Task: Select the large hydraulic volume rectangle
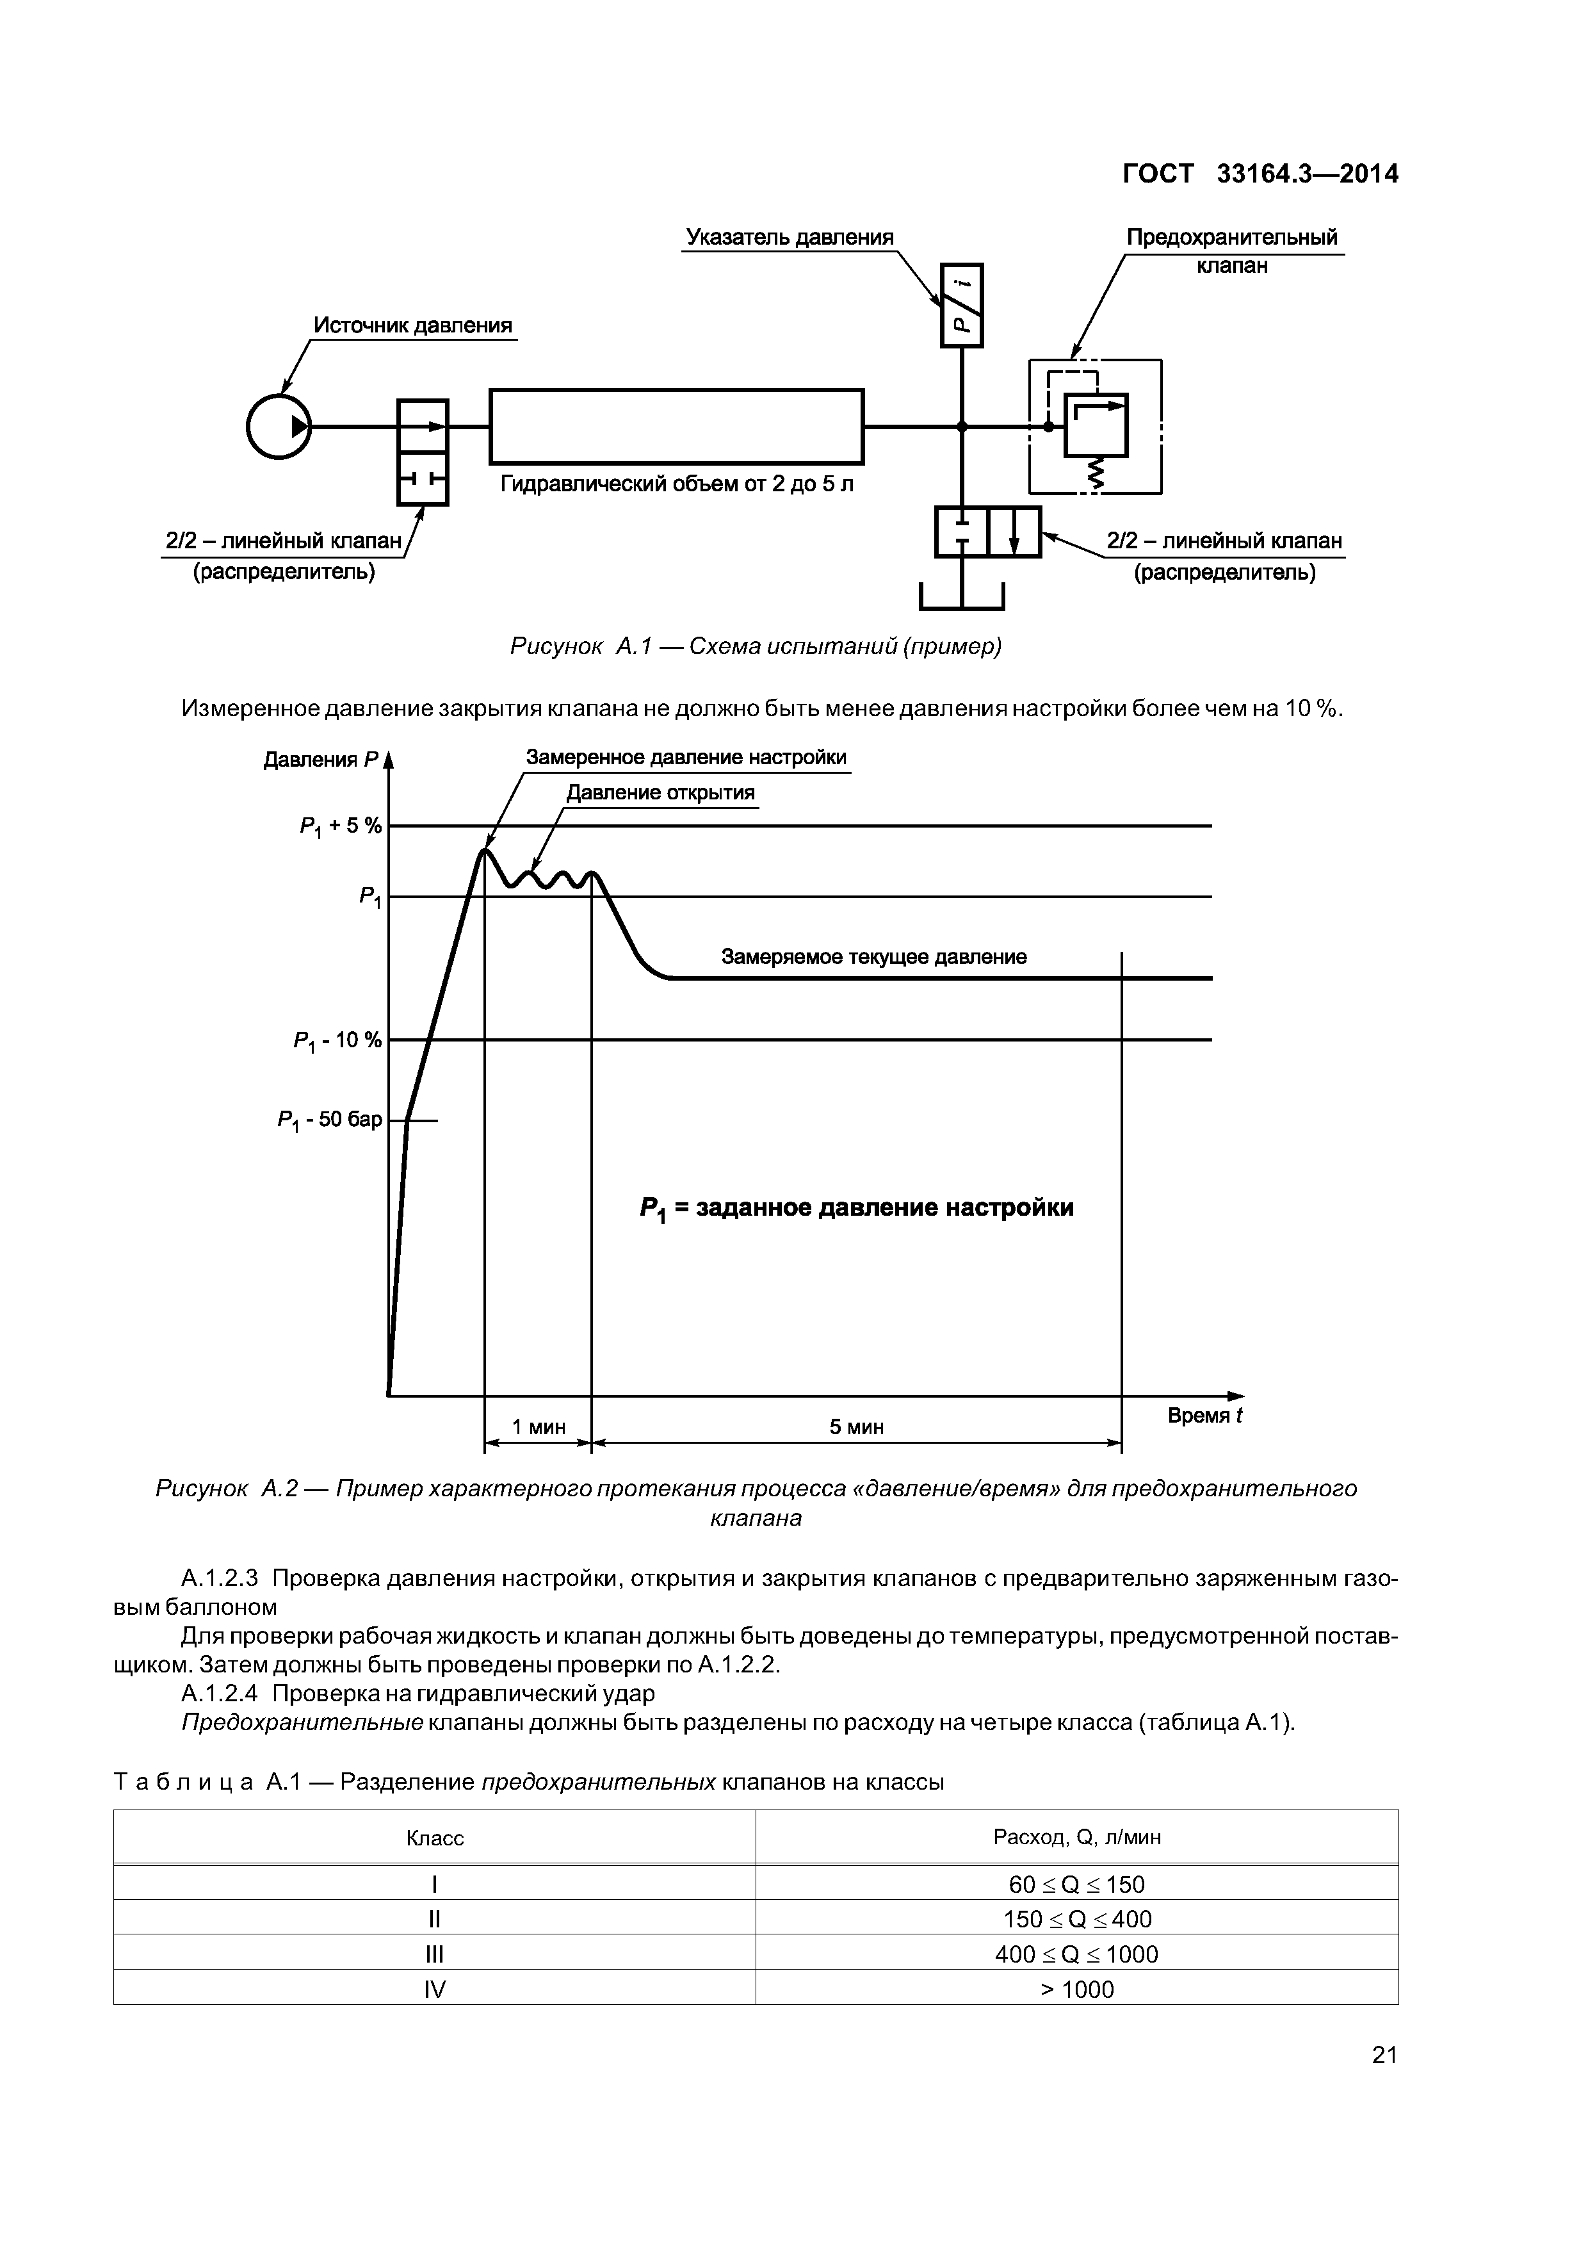tap(676, 426)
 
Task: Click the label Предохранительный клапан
tap(1232, 250)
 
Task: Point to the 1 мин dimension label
tap(539, 1428)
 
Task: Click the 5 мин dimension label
tap(857, 1428)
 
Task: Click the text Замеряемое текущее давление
tap(874, 957)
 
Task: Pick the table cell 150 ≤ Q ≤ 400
tap(1077, 1918)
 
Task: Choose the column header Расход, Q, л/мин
tap(1077, 1837)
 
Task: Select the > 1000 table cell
tap(1077, 1989)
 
